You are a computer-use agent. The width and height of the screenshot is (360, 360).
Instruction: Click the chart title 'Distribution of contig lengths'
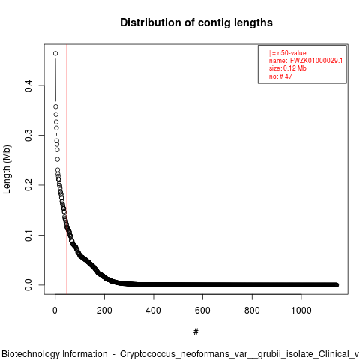(196, 22)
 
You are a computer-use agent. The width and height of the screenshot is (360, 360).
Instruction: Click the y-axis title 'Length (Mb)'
(7, 169)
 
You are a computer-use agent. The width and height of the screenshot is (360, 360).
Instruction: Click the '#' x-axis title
(196, 332)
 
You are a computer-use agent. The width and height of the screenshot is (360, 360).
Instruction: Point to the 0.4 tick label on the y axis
(28, 85)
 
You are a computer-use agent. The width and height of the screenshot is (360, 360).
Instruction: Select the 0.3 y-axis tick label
(28, 136)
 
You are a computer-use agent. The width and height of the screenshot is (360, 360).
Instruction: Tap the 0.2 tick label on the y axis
(28, 185)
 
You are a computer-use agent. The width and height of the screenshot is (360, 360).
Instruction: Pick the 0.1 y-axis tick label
(28, 235)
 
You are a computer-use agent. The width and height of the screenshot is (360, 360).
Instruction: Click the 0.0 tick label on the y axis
(28, 285)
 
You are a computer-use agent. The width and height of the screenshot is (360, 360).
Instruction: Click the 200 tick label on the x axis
(104, 310)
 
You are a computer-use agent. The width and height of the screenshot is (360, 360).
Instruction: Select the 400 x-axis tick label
(154, 310)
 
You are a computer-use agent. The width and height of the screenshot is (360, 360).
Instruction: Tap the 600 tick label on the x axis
(202, 310)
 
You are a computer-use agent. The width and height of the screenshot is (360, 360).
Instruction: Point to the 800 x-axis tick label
(252, 310)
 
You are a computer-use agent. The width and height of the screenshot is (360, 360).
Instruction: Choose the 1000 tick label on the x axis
(301, 310)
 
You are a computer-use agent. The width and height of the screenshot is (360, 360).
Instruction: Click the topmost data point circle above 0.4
(55, 53)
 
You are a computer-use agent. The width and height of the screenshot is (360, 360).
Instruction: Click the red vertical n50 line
(67, 169)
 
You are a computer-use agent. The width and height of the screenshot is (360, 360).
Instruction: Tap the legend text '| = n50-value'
(288, 53)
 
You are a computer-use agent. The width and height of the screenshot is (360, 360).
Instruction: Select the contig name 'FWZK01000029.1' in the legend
(316, 61)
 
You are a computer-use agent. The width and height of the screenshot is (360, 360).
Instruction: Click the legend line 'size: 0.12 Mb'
(288, 68)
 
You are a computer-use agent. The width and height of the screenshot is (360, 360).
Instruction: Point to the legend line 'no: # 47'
(280, 76)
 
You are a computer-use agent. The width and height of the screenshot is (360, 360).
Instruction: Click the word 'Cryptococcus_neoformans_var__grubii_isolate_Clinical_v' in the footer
(239, 354)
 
